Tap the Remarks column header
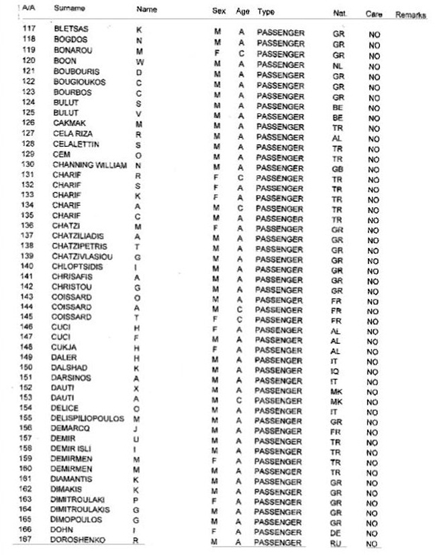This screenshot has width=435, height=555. point(410,14)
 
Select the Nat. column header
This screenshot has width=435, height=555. point(339,13)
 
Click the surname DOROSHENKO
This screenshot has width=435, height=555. point(78,540)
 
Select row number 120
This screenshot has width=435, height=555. point(28,61)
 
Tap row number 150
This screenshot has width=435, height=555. point(28,368)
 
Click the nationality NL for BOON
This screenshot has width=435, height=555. point(337,66)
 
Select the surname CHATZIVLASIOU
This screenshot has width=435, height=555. point(83,256)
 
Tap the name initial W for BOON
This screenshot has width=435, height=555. point(139,62)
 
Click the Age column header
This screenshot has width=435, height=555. point(242,12)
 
